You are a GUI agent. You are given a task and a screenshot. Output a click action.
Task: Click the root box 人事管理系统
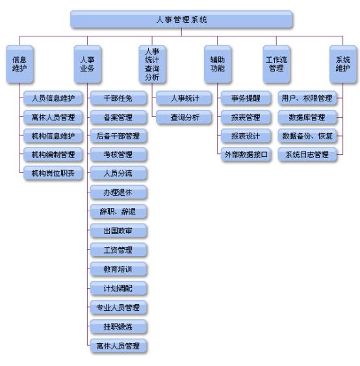(181, 20)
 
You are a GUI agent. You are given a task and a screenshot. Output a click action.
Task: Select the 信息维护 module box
(19, 64)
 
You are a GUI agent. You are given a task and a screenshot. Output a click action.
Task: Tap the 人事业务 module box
(88, 64)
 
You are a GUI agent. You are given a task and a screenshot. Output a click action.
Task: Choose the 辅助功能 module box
(218, 64)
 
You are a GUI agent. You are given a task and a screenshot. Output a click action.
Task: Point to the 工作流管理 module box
(276, 64)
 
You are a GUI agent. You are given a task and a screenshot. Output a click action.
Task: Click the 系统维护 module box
(343, 64)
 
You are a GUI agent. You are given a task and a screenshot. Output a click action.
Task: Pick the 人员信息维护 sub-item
(53, 98)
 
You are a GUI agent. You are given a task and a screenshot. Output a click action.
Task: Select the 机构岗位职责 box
(53, 173)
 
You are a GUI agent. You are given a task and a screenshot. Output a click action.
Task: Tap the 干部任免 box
(118, 98)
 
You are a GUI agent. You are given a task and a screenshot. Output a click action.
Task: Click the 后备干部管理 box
(118, 136)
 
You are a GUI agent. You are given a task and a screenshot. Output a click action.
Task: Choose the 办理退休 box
(118, 192)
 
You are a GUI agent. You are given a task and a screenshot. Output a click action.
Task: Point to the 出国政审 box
(118, 231)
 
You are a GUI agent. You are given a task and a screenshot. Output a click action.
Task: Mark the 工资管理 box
(118, 250)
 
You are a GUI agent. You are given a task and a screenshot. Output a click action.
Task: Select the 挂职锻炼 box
(118, 326)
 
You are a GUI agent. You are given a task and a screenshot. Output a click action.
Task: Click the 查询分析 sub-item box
(185, 117)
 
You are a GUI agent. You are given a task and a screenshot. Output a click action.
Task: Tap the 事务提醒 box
(246, 98)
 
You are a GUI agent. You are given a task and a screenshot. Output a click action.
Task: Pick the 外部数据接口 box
(246, 155)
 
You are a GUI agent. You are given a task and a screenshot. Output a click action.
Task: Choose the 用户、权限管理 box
(307, 98)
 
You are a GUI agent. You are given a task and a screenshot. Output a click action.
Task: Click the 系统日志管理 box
(307, 155)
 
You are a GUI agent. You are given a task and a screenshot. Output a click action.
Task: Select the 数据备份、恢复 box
(307, 136)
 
